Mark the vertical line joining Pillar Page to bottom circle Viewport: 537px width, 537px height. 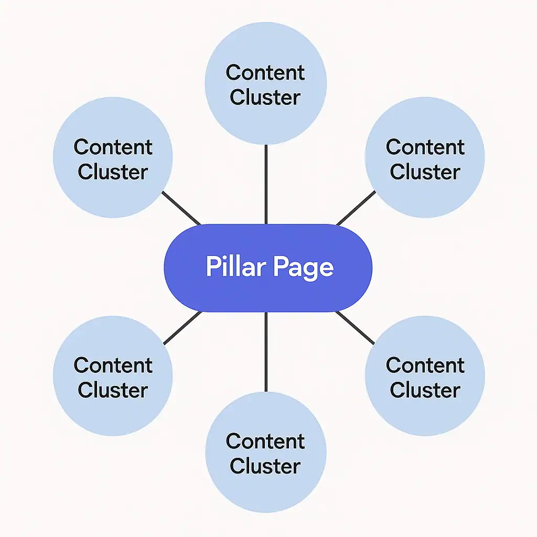coord(266,351)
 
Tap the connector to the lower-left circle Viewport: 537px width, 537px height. coord(182,328)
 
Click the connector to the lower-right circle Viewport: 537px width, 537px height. coord(355,328)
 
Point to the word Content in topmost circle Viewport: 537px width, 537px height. coord(265,73)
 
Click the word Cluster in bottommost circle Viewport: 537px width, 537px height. coord(265,466)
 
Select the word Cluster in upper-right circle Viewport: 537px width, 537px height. coord(425,172)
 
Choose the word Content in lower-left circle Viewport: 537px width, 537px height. coord(113,365)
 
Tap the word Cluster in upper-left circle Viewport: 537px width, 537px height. coord(113,172)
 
